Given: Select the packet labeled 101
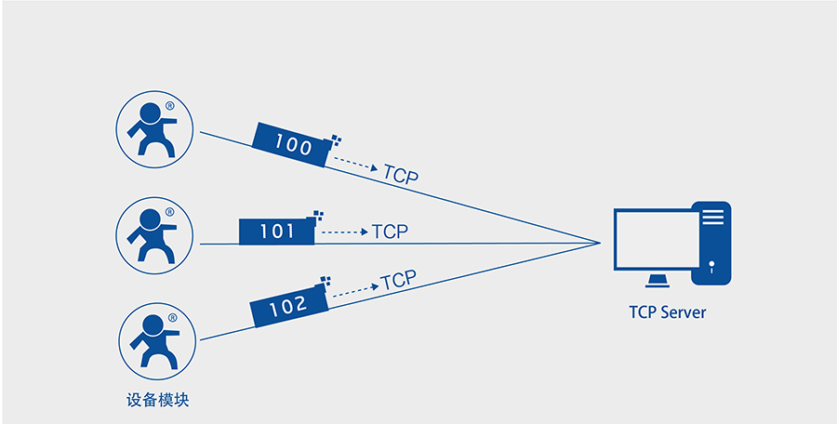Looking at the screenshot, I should [276, 231].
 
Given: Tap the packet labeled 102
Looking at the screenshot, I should [288, 306].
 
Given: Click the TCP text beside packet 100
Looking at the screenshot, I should [401, 174].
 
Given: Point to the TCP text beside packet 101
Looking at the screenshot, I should [391, 232].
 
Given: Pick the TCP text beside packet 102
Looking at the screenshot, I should [398, 279].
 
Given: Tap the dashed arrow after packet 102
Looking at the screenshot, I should [354, 290].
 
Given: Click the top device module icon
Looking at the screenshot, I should [154, 129].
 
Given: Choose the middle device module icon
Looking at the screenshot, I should [154, 234].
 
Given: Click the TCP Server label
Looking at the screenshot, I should [667, 312].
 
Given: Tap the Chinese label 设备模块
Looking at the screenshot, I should [157, 401].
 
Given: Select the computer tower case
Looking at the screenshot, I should [712, 243].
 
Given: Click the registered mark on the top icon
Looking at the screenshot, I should [169, 107].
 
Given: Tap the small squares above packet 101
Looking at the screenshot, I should [319, 215].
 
